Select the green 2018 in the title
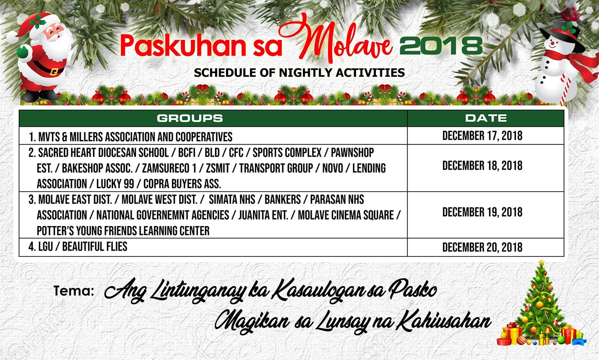point(441,46)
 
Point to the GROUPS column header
point(190,118)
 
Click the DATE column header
point(486,118)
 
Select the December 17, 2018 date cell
point(483,136)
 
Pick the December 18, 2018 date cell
point(483,166)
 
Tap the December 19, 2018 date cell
point(483,212)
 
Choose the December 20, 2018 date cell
point(483,247)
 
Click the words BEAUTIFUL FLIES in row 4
point(95,247)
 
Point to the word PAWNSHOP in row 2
point(352,153)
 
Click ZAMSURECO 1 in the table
point(169,168)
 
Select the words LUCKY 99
point(115,184)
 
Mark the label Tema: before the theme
point(74,291)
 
